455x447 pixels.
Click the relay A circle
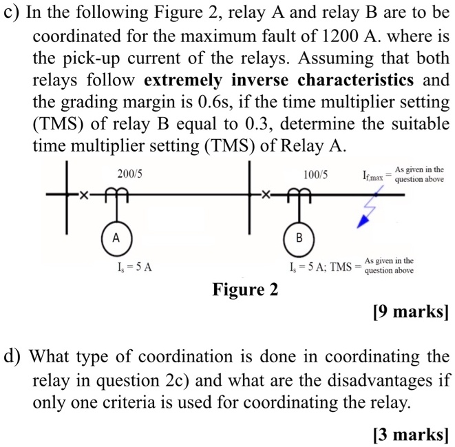pos(116,238)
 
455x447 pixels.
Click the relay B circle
pos(299,238)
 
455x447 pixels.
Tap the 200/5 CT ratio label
pos(129,175)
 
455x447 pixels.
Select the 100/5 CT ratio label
pos(315,175)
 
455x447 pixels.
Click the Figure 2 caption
pos(246,289)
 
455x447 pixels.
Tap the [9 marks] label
pos(410,312)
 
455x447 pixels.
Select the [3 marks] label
pos(410,434)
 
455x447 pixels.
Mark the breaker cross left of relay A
pos(85,196)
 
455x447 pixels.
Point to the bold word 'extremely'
pos(183,81)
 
